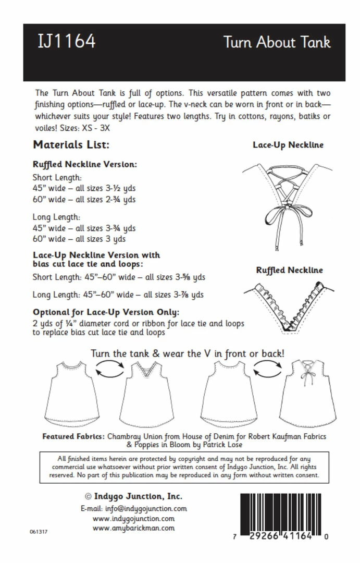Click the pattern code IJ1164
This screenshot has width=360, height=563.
click(x=66, y=41)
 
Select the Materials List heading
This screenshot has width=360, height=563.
click(x=71, y=144)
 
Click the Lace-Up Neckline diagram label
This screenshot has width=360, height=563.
click(x=288, y=144)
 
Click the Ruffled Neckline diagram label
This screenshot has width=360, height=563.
click(x=289, y=270)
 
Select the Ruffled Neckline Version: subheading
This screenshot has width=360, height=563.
click(x=84, y=164)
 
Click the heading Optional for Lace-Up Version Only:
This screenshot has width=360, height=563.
click(x=106, y=312)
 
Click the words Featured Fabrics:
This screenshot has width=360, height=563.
click(x=73, y=436)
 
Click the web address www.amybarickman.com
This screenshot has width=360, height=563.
click(x=133, y=528)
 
